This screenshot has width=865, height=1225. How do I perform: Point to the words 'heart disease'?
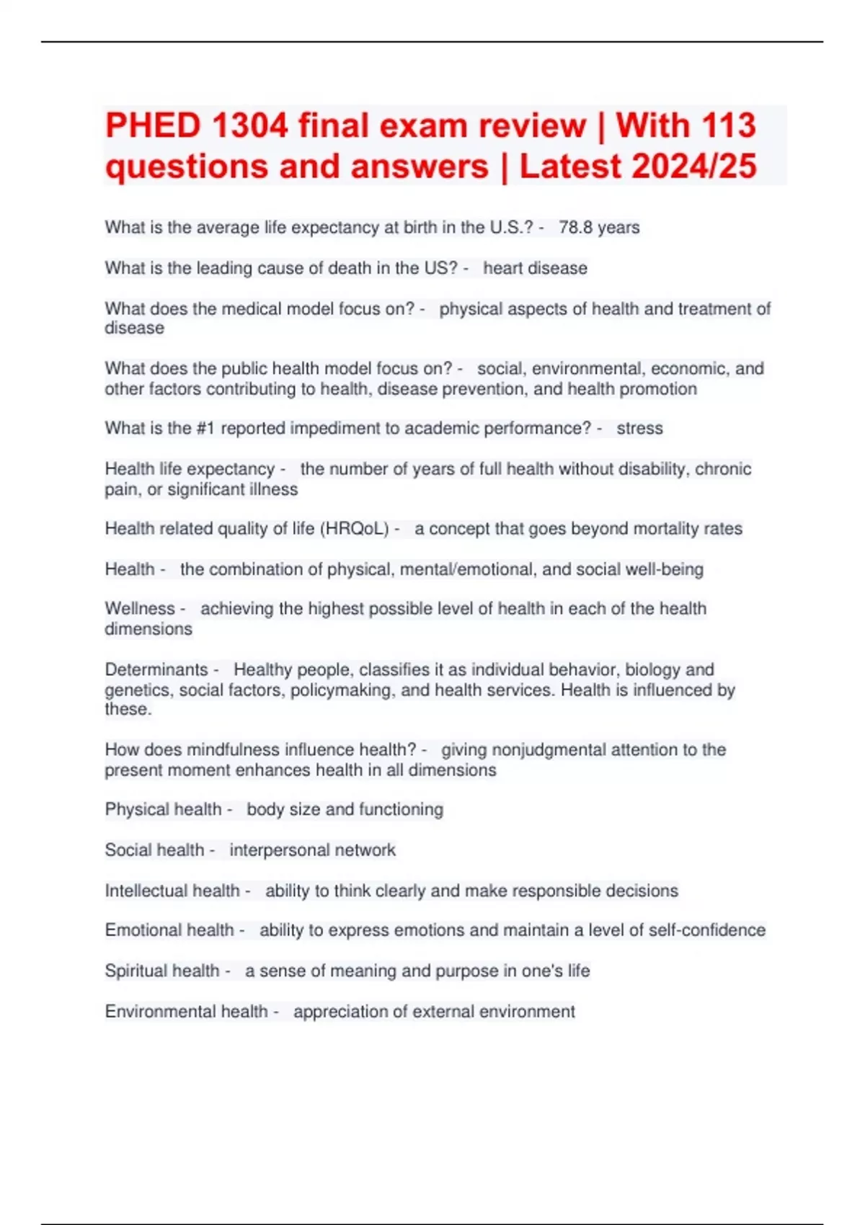point(535,268)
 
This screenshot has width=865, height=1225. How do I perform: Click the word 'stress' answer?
point(639,428)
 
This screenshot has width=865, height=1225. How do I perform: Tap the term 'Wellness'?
point(140,609)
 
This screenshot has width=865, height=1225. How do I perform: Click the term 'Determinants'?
point(156,669)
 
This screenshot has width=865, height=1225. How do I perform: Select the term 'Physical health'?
point(163,809)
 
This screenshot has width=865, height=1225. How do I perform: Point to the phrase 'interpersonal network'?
point(312,850)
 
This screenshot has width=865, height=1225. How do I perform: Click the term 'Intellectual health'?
point(172,891)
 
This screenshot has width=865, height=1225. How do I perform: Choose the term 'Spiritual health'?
point(161,971)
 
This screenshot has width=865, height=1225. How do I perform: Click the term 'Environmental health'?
point(186,1012)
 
